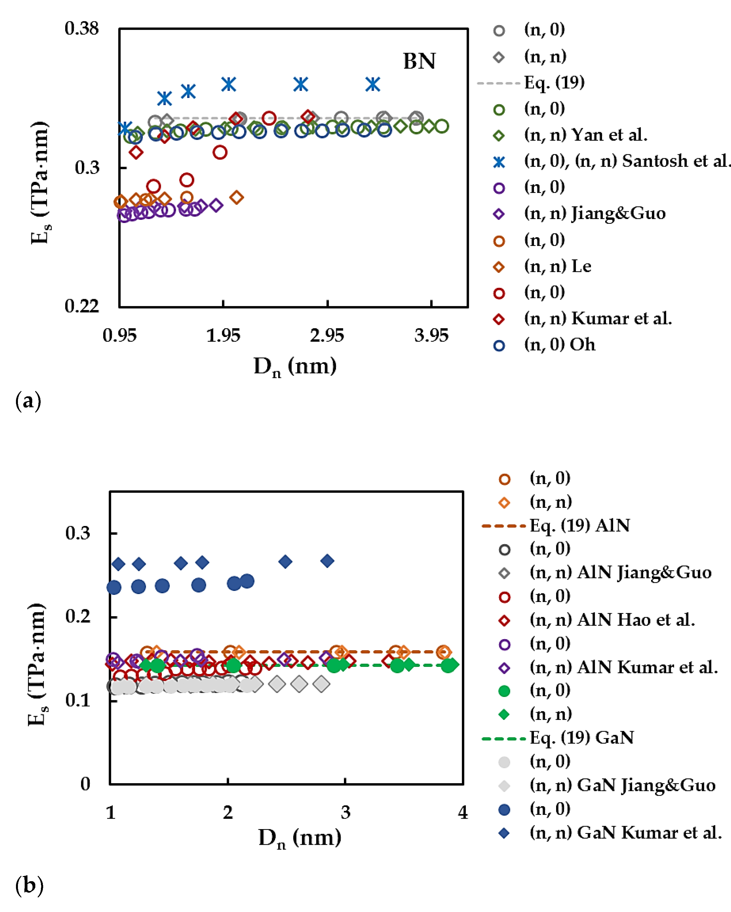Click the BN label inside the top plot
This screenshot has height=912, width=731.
coord(419,61)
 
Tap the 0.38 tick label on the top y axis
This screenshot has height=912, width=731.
coord(81,29)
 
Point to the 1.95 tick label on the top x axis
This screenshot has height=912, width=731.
coord(223,336)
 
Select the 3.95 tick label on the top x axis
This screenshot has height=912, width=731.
coord(431,336)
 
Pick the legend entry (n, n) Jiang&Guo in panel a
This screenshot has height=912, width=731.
coord(595,213)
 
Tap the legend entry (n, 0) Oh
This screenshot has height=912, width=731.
coord(559,345)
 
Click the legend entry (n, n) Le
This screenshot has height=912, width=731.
coord(557,266)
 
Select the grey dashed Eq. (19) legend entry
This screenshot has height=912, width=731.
coord(554,82)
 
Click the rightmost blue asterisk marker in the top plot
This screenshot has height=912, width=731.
coord(373,84)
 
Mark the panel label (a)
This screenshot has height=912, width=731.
coord(28,400)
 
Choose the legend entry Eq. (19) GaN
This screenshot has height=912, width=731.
coord(582,738)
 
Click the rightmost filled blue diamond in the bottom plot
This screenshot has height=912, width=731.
coord(327,561)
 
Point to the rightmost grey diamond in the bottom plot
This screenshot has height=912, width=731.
coord(321,684)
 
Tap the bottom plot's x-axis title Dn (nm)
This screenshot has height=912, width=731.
coord(300,837)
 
